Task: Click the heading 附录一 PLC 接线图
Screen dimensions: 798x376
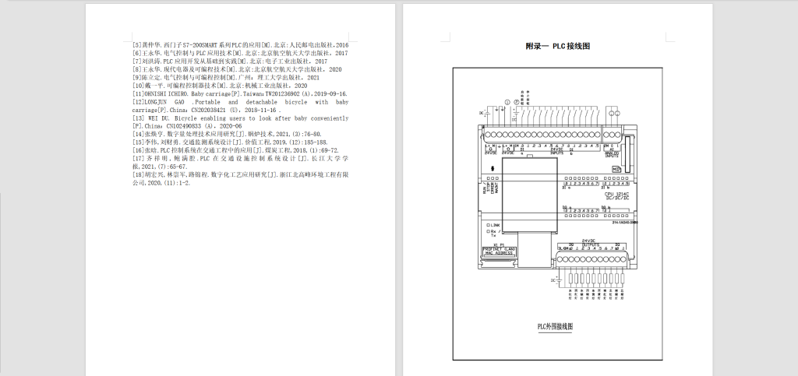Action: point(557,46)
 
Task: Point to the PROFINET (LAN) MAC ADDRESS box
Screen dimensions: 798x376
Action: point(500,251)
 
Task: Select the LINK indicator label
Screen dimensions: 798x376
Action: point(495,224)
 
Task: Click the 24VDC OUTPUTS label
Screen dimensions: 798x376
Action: point(594,243)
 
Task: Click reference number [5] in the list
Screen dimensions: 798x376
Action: point(137,45)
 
